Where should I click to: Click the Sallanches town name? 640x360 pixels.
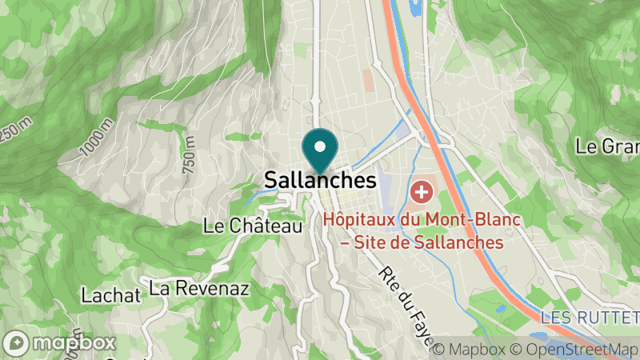319,180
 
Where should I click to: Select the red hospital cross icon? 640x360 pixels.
421,192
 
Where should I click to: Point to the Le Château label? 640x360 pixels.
253,226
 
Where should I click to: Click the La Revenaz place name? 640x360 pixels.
199,287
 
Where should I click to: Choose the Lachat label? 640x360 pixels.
111,295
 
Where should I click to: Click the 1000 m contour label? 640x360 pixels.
97,137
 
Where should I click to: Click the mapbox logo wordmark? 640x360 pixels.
75,342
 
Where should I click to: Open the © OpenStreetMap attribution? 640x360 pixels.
572,349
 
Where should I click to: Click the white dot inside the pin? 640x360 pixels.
320,146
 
